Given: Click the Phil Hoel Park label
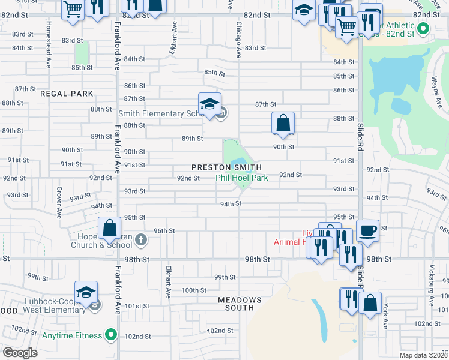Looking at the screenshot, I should click(x=242, y=178).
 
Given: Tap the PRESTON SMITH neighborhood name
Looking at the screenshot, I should click(x=226, y=167).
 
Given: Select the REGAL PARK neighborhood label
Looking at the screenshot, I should click(x=67, y=94).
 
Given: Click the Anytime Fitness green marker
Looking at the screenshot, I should click(x=110, y=334).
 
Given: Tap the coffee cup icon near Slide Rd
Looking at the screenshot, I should click(x=367, y=230).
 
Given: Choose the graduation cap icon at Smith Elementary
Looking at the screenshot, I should click(x=209, y=104).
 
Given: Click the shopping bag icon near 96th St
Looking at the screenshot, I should click(x=109, y=228).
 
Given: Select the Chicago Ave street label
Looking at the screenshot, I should click(x=238, y=41).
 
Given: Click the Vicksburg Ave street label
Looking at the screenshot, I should click(x=432, y=283).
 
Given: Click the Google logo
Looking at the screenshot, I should click(x=20, y=352).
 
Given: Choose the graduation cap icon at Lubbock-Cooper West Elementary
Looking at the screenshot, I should click(x=86, y=292).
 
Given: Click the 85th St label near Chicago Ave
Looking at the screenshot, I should click(x=214, y=73).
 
